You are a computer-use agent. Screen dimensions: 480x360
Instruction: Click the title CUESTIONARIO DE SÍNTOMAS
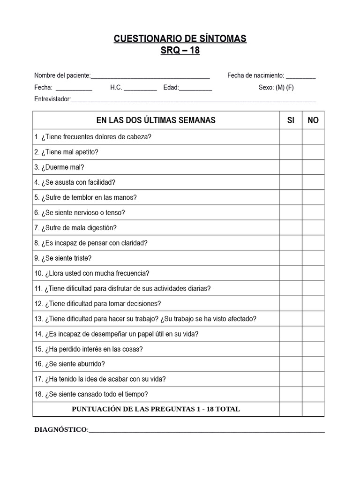[x=180, y=39]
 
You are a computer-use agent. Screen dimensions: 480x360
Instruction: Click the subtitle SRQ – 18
[x=180, y=51]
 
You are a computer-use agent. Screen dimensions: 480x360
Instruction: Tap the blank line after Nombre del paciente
[x=150, y=76]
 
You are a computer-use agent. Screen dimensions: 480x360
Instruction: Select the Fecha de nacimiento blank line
[x=300, y=76]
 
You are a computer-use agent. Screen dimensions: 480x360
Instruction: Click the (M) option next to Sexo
[x=280, y=87]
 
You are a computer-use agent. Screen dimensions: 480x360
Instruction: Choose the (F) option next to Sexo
[x=290, y=87]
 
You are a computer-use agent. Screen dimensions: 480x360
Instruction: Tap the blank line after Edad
[x=195, y=88]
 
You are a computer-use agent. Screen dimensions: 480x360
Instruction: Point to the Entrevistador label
[x=52, y=99]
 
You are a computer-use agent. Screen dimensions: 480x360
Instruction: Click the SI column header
[x=291, y=120]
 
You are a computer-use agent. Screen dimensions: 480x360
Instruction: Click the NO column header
[x=313, y=120]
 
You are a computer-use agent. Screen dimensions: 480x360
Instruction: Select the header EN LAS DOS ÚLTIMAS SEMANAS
[x=156, y=120]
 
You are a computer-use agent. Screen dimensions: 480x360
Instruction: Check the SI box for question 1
[x=291, y=137]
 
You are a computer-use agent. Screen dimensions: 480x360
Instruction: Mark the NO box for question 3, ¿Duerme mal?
[x=313, y=167]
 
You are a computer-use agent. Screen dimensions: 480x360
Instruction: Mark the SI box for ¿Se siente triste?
[x=291, y=258]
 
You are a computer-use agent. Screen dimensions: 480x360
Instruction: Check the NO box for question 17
[x=313, y=379]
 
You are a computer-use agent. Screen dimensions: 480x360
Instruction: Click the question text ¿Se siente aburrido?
[x=75, y=364]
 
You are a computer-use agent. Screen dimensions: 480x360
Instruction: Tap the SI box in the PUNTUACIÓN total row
[x=291, y=409]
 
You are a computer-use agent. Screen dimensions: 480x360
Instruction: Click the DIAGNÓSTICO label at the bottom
[x=61, y=429]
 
